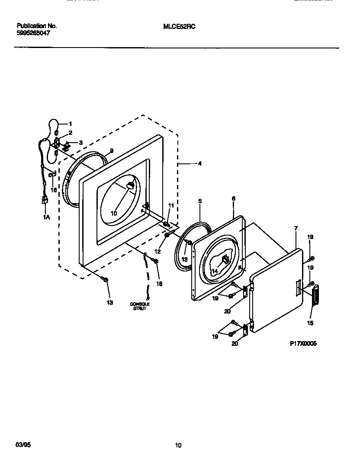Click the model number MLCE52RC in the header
(179, 26)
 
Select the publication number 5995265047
(34, 32)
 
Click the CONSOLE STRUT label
(140, 306)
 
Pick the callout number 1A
(46, 217)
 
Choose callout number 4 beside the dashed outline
(199, 164)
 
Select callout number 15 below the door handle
(311, 323)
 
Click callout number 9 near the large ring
(111, 151)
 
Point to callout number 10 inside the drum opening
(114, 213)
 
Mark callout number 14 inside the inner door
(215, 271)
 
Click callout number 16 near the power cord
(53, 189)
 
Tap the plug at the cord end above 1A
(44, 200)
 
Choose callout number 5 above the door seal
(200, 201)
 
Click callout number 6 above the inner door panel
(233, 198)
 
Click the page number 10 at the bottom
(178, 445)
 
